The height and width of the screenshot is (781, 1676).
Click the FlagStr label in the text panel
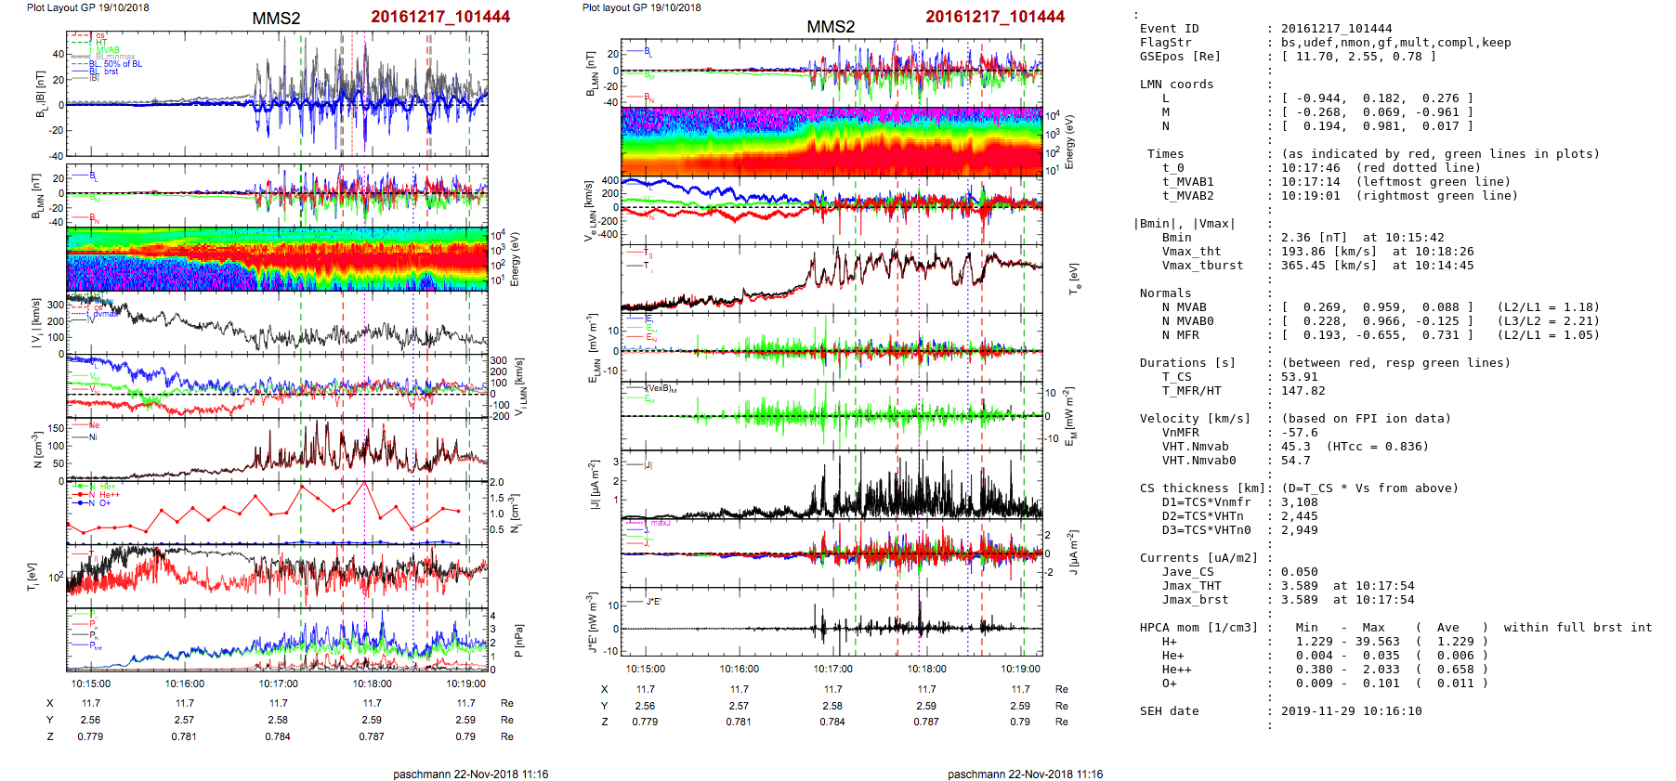[x=1165, y=43]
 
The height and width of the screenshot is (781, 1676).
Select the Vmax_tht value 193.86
[x=1303, y=252]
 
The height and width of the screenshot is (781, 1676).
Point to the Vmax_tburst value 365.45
[x=1303, y=266]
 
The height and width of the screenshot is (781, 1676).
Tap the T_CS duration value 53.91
[x=1300, y=377]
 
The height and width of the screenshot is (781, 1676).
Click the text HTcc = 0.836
[x=1377, y=447]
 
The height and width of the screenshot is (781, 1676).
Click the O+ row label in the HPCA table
[x=1169, y=683]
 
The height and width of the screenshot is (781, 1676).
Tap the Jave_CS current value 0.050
[x=1300, y=572]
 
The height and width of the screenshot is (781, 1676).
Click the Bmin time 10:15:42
[x=1392, y=238]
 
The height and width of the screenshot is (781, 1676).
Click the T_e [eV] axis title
[x=1075, y=278]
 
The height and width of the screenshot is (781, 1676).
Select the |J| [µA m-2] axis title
[x=594, y=485]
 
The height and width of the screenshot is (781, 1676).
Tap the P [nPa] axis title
[x=517, y=640]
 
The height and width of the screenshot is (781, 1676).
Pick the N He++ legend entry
[x=108, y=495]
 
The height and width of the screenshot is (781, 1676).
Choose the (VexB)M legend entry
[x=661, y=388]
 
